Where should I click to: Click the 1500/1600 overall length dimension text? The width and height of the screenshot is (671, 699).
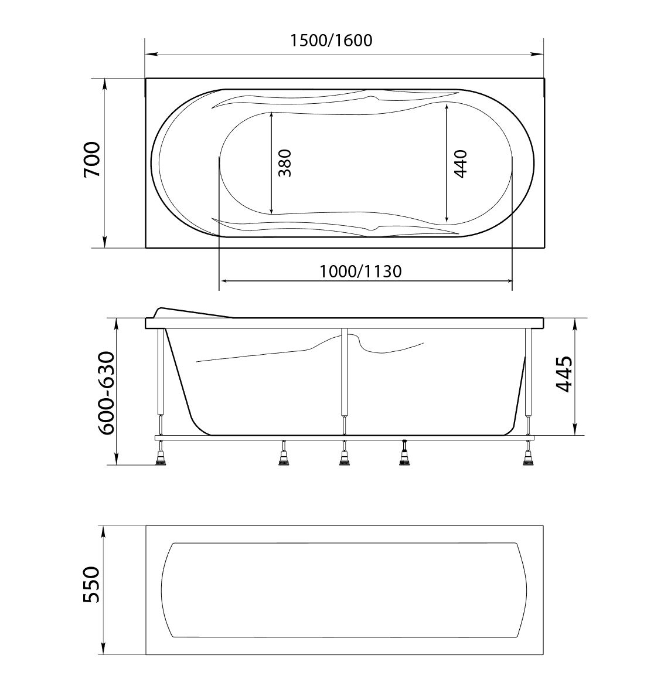(331, 40)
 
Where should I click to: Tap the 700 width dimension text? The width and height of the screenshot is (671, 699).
(93, 160)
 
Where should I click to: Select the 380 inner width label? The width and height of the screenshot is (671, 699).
(284, 163)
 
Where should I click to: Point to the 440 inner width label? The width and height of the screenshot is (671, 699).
(460, 164)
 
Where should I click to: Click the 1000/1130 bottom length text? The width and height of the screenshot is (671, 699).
(360, 272)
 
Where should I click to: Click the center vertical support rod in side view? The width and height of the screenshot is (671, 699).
(344, 375)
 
